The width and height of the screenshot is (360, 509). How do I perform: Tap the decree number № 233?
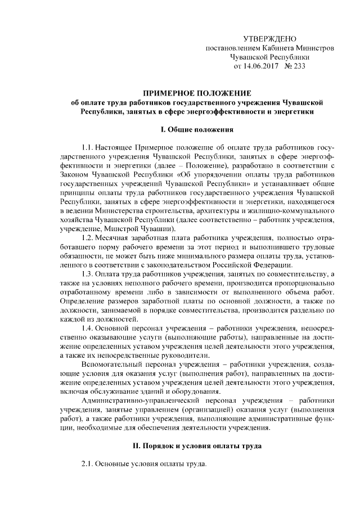(294, 66)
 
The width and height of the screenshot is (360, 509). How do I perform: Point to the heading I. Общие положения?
(196, 130)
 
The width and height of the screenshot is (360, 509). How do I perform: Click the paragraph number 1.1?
(89, 147)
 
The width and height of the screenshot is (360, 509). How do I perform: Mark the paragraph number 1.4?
(89, 327)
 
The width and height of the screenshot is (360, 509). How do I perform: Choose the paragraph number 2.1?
(89, 465)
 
